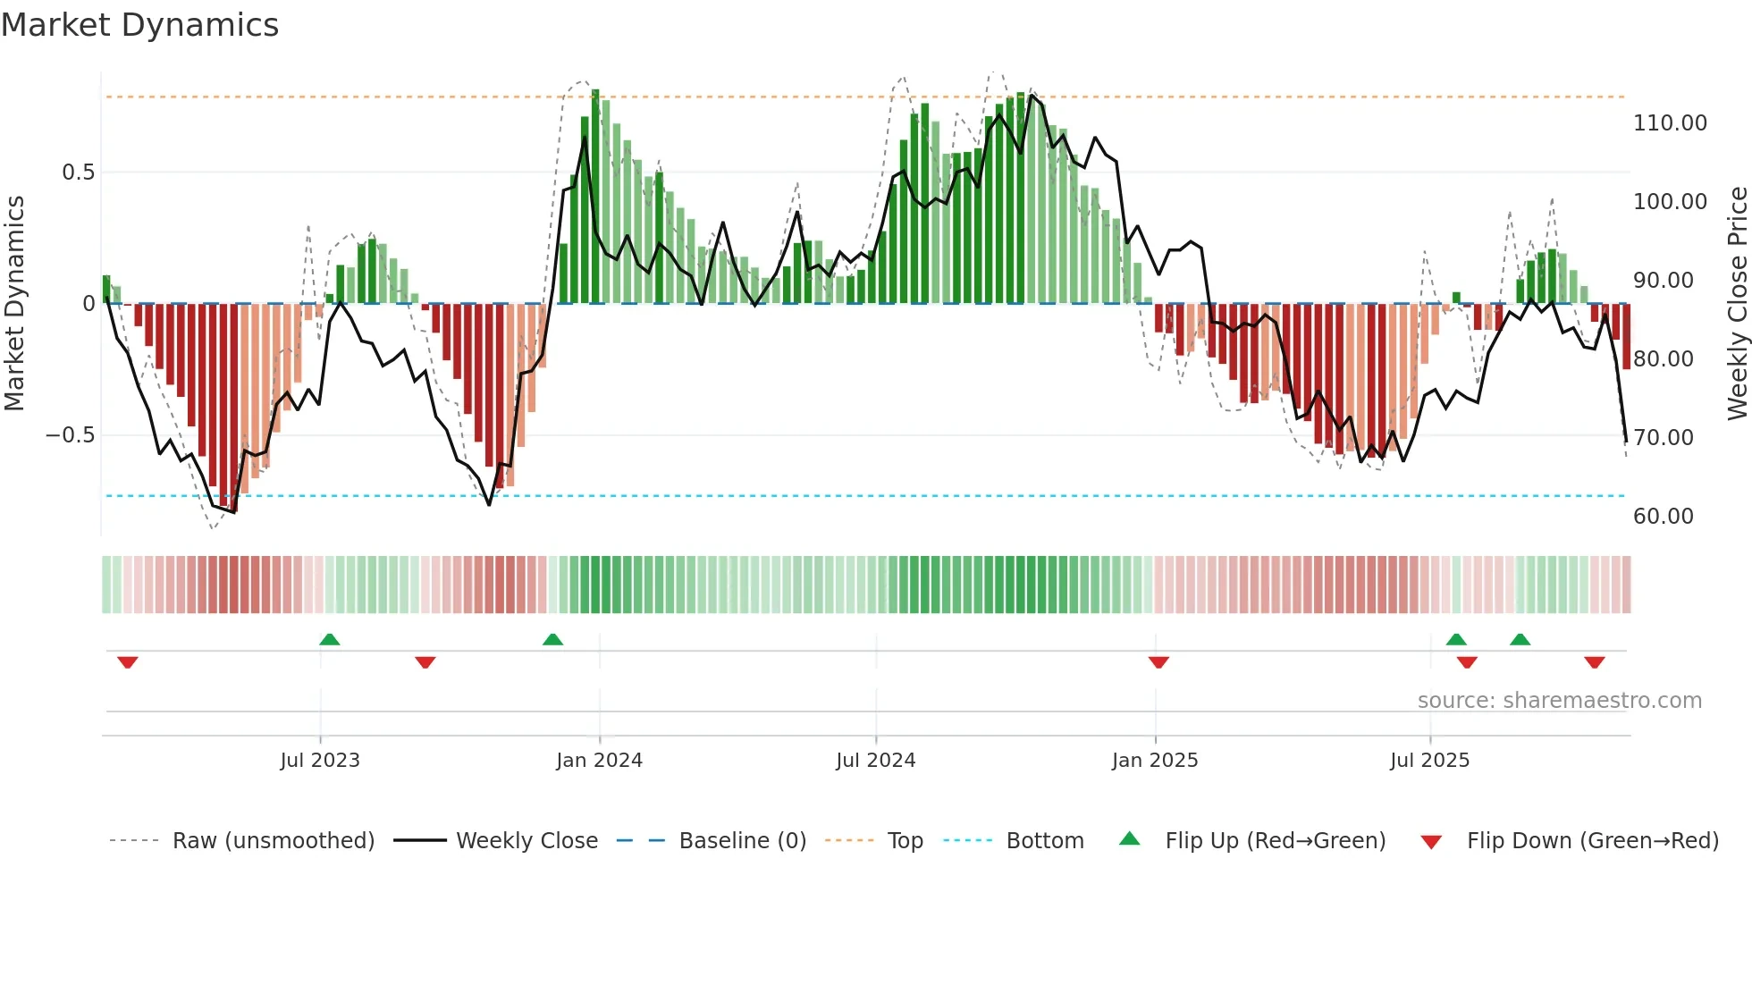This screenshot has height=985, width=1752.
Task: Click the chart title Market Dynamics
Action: click(x=139, y=25)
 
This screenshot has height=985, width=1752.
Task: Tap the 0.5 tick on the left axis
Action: click(x=78, y=172)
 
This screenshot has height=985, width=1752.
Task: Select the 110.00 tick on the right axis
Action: click(x=1670, y=123)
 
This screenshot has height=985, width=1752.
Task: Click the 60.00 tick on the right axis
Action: click(x=1663, y=517)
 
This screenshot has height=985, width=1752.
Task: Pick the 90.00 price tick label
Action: click(x=1663, y=281)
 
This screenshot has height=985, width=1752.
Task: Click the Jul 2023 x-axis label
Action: click(x=320, y=761)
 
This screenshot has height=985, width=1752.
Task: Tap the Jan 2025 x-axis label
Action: click(x=1155, y=761)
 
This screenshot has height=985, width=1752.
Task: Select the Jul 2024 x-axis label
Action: click(x=876, y=761)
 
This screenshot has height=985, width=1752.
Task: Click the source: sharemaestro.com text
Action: click(x=1559, y=701)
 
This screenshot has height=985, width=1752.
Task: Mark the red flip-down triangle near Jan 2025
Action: click(x=1158, y=662)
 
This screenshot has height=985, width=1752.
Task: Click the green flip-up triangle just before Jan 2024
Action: click(x=552, y=639)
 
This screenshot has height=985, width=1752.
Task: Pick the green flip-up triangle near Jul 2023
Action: click(x=329, y=639)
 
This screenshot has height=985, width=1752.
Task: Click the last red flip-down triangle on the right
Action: click(x=1595, y=662)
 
